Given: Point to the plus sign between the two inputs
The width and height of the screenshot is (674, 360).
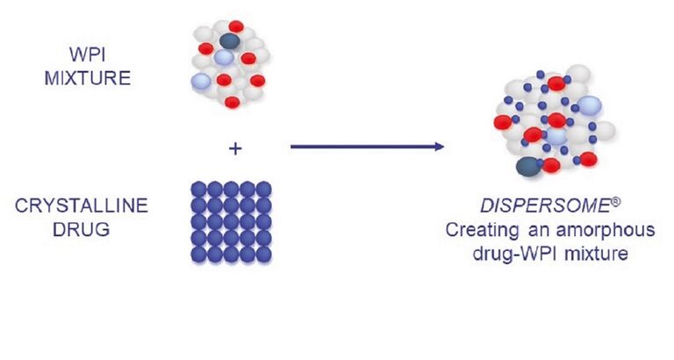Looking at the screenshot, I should pyautogui.click(x=234, y=148).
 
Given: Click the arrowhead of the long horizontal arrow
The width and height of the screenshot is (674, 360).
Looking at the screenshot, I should pyautogui.click(x=439, y=145).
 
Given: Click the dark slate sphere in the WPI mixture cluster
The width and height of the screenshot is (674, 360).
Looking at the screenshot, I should pyautogui.click(x=229, y=40).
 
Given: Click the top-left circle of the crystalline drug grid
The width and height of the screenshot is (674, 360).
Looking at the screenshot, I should pyautogui.click(x=199, y=189).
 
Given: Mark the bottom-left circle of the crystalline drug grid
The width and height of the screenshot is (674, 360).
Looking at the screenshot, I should pyautogui.click(x=199, y=256).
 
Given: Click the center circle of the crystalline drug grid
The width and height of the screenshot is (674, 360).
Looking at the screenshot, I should pyautogui.click(x=232, y=222).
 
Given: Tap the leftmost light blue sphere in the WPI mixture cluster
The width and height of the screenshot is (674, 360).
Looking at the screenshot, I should pyautogui.click(x=202, y=82).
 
